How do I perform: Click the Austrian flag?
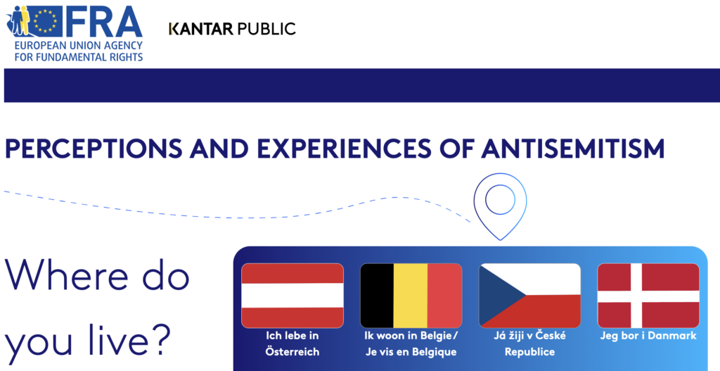click(292, 296)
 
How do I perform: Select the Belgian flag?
click(411, 296)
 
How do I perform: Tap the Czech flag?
click(529, 296)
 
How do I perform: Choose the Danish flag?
click(648, 296)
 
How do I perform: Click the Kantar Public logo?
click(232, 29)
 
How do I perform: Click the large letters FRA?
click(104, 21)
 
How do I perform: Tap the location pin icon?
click(500, 206)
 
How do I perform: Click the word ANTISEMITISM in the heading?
click(573, 149)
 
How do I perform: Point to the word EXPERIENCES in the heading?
click(344, 149)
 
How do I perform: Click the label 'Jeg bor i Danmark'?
click(648, 336)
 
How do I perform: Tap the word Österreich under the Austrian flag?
click(292, 352)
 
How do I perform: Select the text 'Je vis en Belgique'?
click(411, 352)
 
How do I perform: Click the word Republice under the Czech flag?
click(529, 352)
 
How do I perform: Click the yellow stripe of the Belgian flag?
click(411, 296)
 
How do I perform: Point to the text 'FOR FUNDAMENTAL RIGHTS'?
click(79, 58)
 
